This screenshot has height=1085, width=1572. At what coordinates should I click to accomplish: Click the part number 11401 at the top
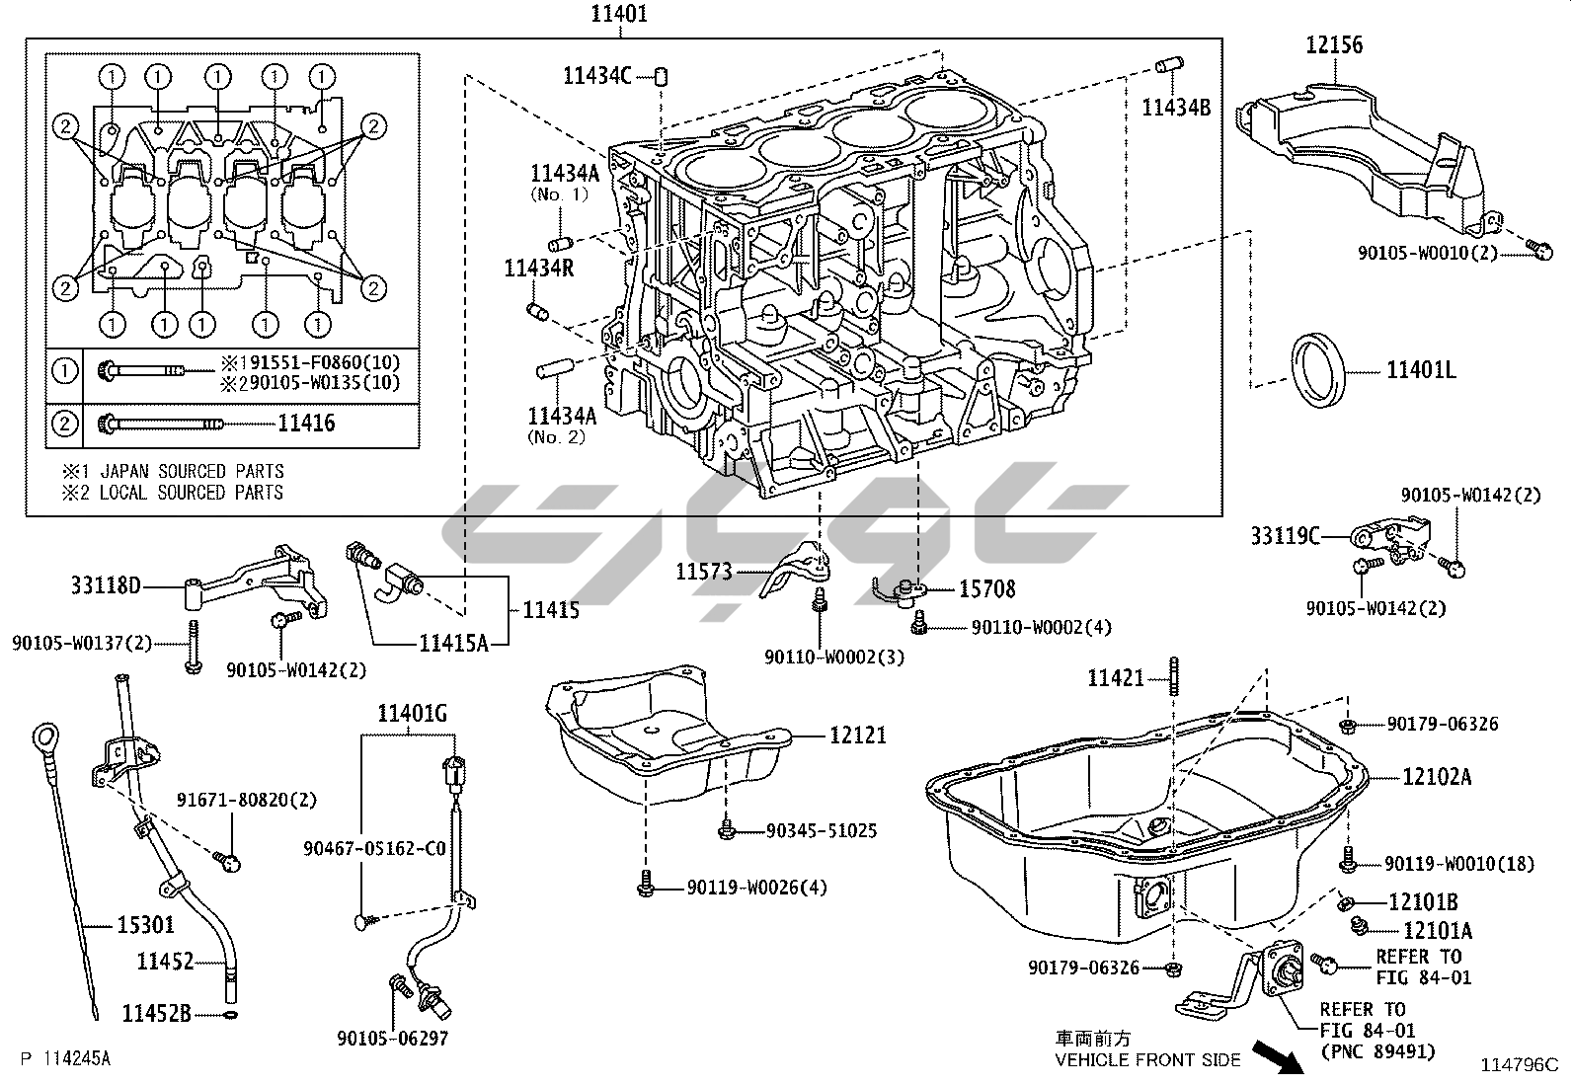coord(620,15)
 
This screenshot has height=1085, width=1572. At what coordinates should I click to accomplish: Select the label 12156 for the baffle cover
coord(1334,44)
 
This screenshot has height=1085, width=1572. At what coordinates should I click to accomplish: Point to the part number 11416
coord(306,424)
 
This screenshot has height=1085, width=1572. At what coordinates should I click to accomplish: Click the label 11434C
coord(597,75)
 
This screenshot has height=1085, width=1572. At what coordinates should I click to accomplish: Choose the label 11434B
coord(1176,108)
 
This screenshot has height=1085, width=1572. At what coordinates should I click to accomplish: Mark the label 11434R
coord(539,268)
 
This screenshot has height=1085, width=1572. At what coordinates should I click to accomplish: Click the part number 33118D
coord(106,586)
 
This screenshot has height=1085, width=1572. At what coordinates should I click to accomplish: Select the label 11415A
coord(454,644)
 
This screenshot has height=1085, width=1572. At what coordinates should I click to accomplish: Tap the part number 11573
coord(705,572)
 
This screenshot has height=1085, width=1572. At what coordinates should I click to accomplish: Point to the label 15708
coord(987,589)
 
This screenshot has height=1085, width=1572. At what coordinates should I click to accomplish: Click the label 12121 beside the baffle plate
coord(858,735)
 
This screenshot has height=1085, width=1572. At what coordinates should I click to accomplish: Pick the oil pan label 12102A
coord(1437,777)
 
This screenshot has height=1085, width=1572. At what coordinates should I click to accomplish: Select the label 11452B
coord(157,1013)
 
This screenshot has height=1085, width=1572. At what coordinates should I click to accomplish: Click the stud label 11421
coord(1116,678)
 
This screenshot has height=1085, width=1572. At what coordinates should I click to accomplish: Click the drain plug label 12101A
coord(1437,930)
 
